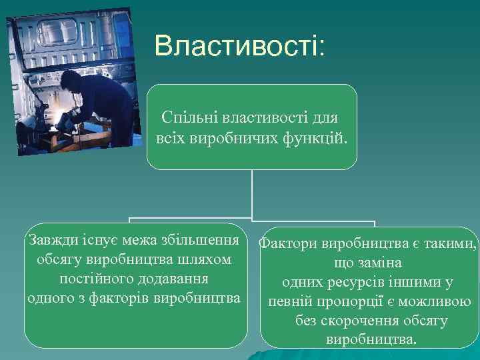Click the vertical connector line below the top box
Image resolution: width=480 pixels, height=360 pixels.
coord(252,193)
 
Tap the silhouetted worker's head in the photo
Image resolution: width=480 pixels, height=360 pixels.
coord(69,81)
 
